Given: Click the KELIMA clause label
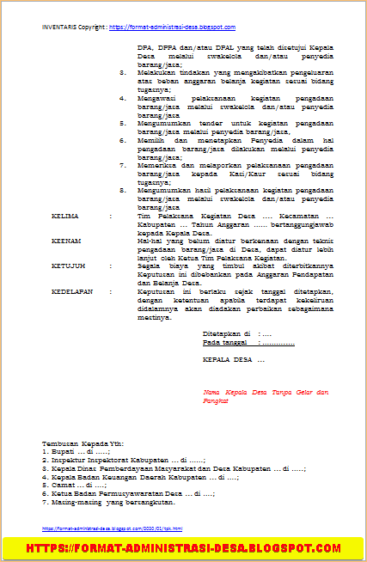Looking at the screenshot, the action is (65, 217).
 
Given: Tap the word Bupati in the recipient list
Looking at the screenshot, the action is (61, 450).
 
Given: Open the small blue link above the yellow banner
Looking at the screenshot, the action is (112, 528).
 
